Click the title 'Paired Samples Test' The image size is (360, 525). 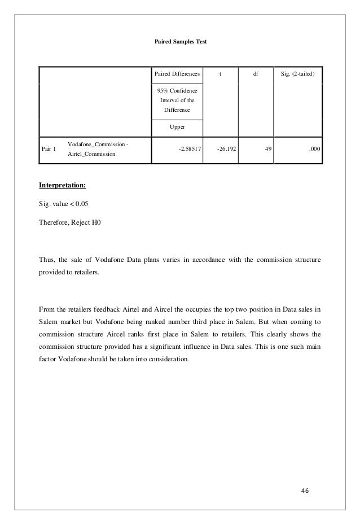coord(181,43)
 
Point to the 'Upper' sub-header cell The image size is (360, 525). coord(176,127)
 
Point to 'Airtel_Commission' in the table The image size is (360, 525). coord(91,154)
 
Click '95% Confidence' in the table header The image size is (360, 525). coord(176,90)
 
